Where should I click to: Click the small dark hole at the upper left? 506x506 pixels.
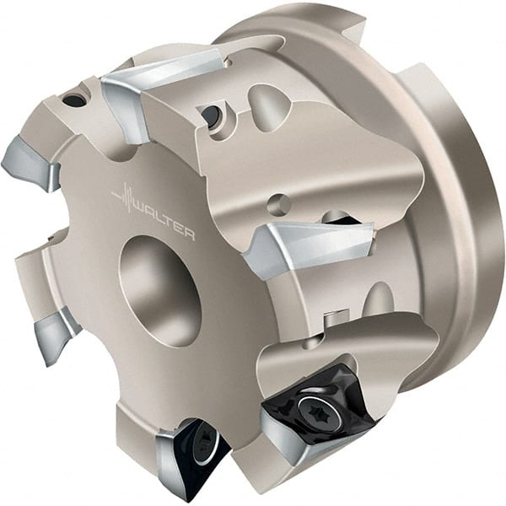(x=74, y=100)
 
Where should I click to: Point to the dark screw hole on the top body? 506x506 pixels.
(x=211, y=114)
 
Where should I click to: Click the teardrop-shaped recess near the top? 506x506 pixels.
(x=268, y=105)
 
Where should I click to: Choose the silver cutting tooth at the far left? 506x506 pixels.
(x=34, y=164)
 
